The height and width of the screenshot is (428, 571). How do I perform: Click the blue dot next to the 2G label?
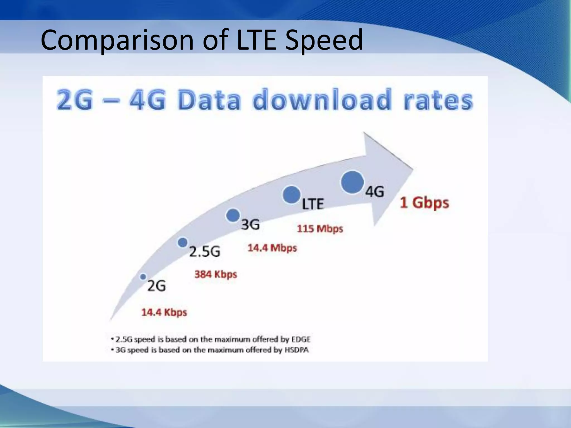[143, 277]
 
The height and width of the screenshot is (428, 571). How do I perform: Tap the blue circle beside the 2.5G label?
[183, 242]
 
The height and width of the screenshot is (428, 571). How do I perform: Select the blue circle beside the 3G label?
[233, 215]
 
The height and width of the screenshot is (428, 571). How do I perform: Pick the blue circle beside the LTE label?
[291, 195]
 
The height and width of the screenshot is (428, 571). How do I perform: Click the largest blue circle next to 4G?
[352, 182]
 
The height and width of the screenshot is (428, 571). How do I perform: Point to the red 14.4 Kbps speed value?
[164, 312]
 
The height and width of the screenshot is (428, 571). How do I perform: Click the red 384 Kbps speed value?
[216, 274]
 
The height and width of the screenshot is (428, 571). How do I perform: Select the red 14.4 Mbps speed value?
[272, 248]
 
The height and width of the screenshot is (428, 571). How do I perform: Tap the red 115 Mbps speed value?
[320, 228]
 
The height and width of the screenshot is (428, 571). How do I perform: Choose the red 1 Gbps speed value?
[424, 203]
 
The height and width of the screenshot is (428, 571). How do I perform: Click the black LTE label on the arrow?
[313, 204]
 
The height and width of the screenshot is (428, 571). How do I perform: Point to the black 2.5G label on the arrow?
[205, 252]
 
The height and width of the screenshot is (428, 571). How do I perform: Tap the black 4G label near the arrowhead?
[375, 192]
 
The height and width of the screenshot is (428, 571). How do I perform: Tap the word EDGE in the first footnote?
[301, 339]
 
